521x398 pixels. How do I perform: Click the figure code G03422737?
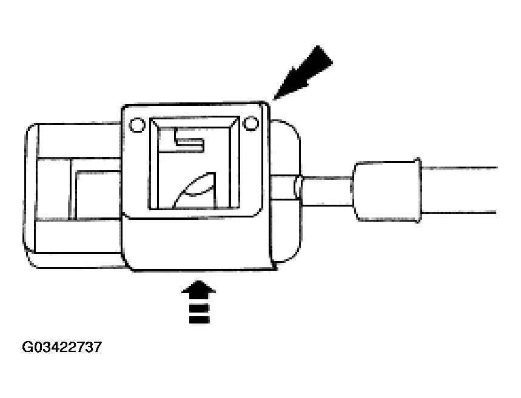pyautogui.click(x=62, y=347)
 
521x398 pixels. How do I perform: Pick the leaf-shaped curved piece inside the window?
pyautogui.click(x=195, y=188)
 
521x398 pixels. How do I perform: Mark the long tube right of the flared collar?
pyautogui.click(x=461, y=190)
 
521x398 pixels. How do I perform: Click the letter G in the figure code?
pyautogui.click(x=28, y=347)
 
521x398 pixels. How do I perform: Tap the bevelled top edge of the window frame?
pyautogui.click(x=193, y=122)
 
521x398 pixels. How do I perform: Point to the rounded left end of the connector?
pyautogui.click(x=30, y=194)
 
